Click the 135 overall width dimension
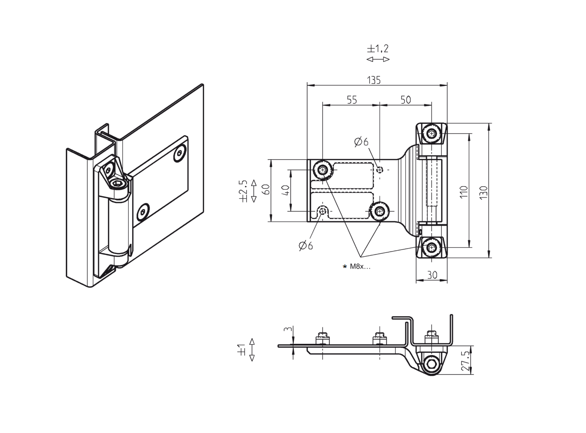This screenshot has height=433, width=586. pyautogui.click(x=374, y=80)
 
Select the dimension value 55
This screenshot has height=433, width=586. pyautogui.click(x=352, y=100)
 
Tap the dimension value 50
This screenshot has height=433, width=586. pyautogui.click(x=405, y=100)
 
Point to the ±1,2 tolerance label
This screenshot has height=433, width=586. pyautogui.click(x=378, y=48)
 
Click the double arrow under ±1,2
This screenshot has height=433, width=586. pyautogui.click(x=378, y=59)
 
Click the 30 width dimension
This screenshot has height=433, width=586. pyautogui.click(x=432, y=275)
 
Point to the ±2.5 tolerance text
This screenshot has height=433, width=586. pyautogui.click(x=243, y=191)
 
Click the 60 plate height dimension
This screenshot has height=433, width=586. pyautogui.click(x=266, y=190)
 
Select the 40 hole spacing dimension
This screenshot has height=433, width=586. pyautogui.click(x=285, y=191)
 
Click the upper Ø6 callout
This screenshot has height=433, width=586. pyautogui.click(x=361, y=142)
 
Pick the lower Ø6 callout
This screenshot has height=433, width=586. pyautogui.click(x=305, y=246)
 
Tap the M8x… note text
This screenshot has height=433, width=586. pyautogui.click(x=360, y=267)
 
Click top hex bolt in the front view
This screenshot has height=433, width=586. pyautogui.click(x=432, y=133)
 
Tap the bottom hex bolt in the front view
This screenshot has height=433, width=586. pyautogui.click(x=432, y=248)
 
